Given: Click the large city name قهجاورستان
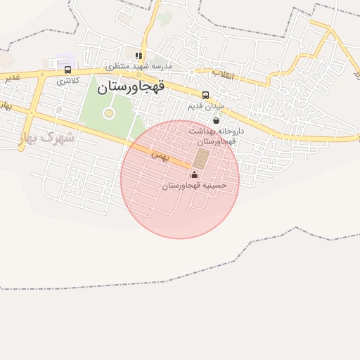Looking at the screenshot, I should (x=131, y=87).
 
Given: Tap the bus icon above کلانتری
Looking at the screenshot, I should (x=67, y=70).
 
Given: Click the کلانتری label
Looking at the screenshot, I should (x=68, y=81).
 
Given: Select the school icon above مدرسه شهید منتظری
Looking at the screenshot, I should (x=139, y=56).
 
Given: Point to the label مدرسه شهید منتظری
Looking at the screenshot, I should (x=139, y=66).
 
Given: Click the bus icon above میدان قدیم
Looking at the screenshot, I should (x=205, y=95).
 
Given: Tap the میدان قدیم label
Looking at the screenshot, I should (x=205, y=106).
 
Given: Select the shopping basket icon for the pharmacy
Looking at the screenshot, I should (x=216, y=120).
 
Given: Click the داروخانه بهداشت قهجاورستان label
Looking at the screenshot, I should (x=216, y=136).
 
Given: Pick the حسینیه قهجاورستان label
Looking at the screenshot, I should (x=195, y=186).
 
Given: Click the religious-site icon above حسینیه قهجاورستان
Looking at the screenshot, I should (x=195, y=174).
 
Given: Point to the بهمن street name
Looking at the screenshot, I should (x=160, y=155).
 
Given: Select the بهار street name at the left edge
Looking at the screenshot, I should (x=6, y=106).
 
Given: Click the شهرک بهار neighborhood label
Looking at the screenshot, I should (x=47, y=137).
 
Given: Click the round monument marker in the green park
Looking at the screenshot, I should (x=109, y=112).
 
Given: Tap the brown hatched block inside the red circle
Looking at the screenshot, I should (x=202, y=157).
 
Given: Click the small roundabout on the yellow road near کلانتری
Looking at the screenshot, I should (x=41, y=75).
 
